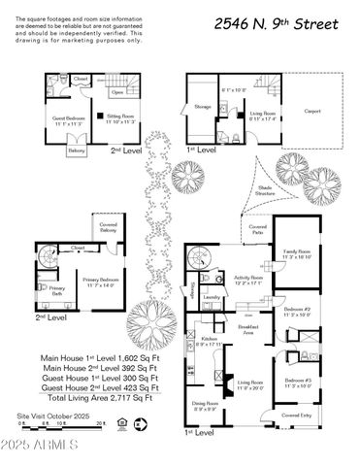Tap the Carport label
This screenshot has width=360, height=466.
[x=311, y=111]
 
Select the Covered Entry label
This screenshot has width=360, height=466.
[x=297, y=416]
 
